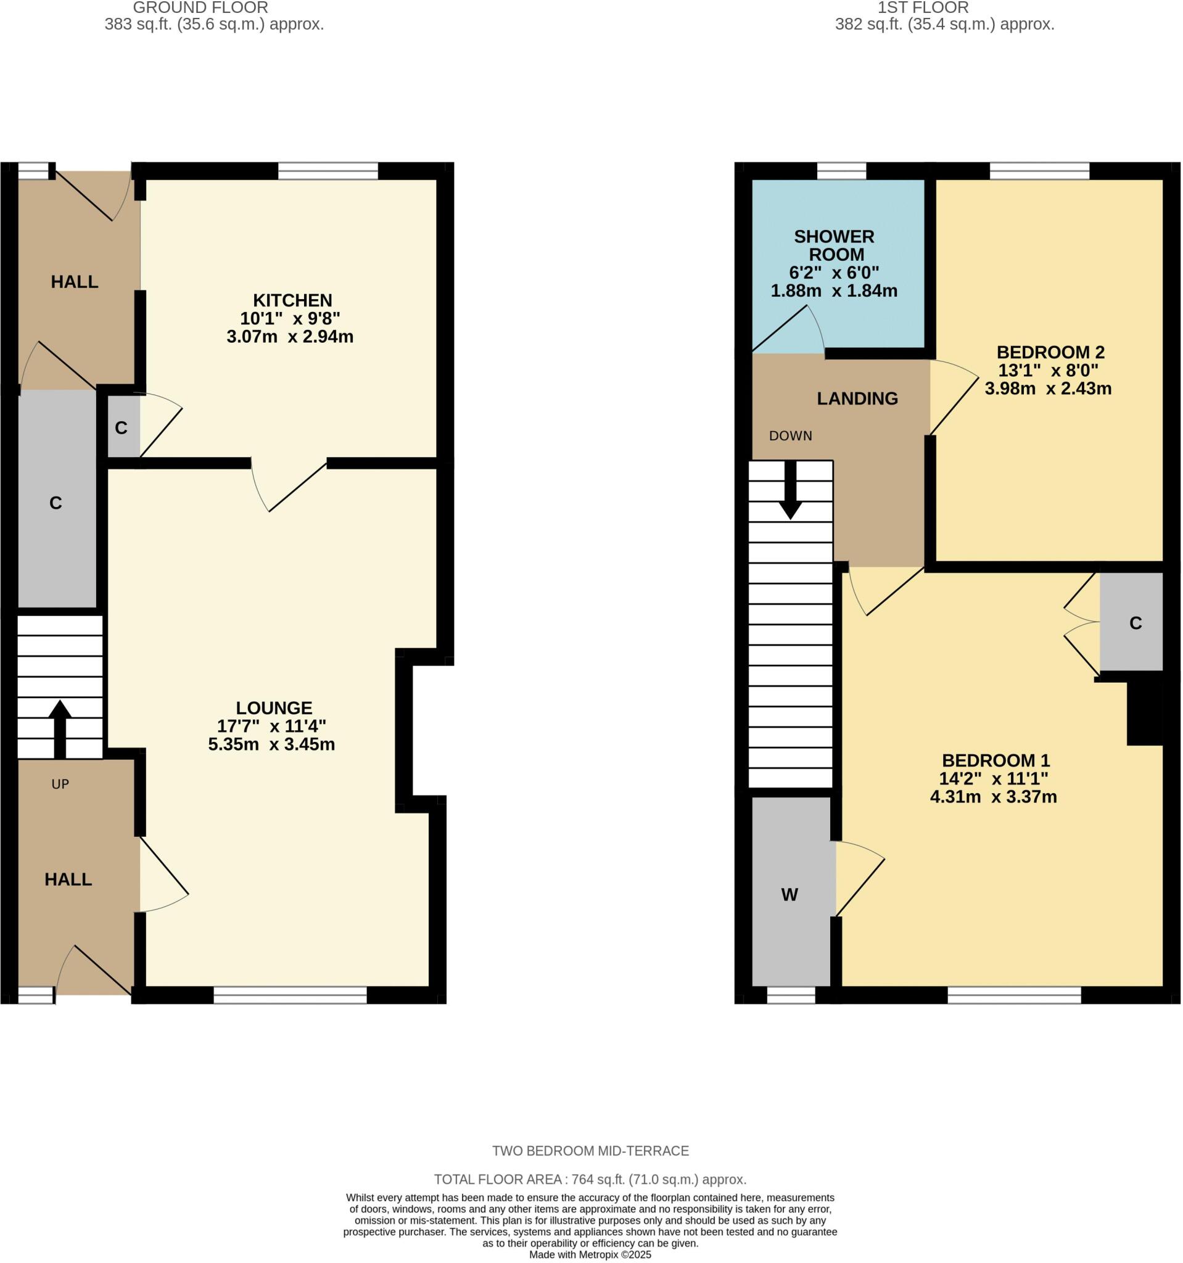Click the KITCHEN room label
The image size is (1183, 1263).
point(292,300)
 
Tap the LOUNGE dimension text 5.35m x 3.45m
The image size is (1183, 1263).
point(271,744)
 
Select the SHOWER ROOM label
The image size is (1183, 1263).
point(834,245)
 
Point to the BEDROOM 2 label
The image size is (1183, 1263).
point(1050,352)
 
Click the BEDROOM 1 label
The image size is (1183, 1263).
point(995,760)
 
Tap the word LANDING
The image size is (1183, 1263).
point(857,398)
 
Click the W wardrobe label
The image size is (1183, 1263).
point(789,894)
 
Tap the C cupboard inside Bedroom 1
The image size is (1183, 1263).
point(1136,623)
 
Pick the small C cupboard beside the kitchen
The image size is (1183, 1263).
point(122,427)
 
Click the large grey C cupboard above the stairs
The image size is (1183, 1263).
point(56,503)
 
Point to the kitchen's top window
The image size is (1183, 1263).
point(328,171)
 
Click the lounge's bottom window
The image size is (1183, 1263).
point(290,995)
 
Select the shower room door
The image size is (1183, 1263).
point(788,331)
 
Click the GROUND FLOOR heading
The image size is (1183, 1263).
point(200,8)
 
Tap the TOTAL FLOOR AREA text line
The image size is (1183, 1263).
point(590,1180)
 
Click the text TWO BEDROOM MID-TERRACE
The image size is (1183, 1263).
point(590,1151)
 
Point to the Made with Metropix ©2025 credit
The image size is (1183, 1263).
point(590,1255)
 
